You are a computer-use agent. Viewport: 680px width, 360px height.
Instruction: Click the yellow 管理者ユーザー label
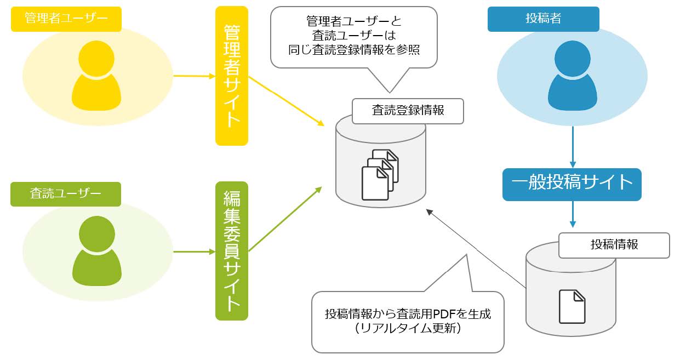point(66,19)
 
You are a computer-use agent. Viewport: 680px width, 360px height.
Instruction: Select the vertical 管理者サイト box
point(231,76)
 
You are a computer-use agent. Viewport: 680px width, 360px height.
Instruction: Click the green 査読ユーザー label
point(65,194)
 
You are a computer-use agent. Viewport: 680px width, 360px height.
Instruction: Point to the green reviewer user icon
point(96,251)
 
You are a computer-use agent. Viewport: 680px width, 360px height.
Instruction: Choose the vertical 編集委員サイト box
point(231,251)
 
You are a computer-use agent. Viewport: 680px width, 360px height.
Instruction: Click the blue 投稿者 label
point(543,19)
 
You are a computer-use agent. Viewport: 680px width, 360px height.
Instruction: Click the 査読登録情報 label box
point(408,111)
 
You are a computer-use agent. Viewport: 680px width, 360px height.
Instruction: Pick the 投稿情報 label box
point(614,245)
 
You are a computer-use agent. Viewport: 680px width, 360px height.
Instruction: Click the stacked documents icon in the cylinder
point(380,174)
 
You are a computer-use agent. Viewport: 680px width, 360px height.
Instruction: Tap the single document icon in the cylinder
point(572,306)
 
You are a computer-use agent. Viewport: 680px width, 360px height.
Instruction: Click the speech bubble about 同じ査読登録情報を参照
point(353,37)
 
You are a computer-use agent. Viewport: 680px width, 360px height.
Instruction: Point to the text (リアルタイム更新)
point(408,329)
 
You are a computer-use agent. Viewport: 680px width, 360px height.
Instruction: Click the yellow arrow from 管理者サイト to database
point(285,101)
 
